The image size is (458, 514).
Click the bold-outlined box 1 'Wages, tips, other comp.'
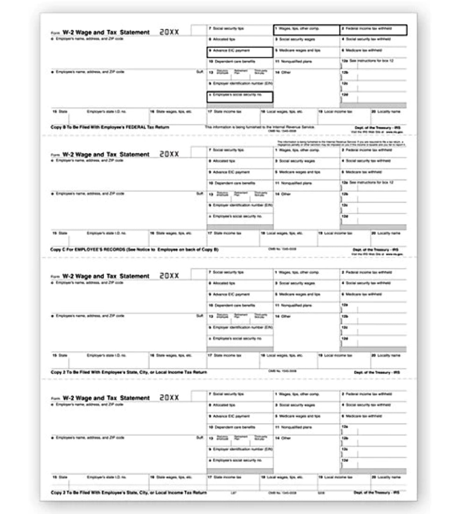click(x=306, y=30)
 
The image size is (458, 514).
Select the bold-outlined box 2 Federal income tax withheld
click(x=373, y=30)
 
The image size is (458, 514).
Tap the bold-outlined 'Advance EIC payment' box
click(x=240, y=52)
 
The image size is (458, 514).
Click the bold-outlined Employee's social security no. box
click(x=240, y=97)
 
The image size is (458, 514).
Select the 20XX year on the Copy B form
click(x=169, y=32)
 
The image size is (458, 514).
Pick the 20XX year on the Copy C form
click(x=169, y=154)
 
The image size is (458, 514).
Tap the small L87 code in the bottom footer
click(x=233, y=493)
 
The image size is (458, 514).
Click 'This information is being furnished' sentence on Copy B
click(x=260, y=127)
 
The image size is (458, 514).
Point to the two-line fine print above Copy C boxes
click(x=341, y=143)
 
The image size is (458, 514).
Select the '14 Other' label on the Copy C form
click(x=283, y=194)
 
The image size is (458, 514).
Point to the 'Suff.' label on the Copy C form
click(x=200, y=194)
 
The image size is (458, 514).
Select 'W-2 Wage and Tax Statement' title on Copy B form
click(x=106, y=32)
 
